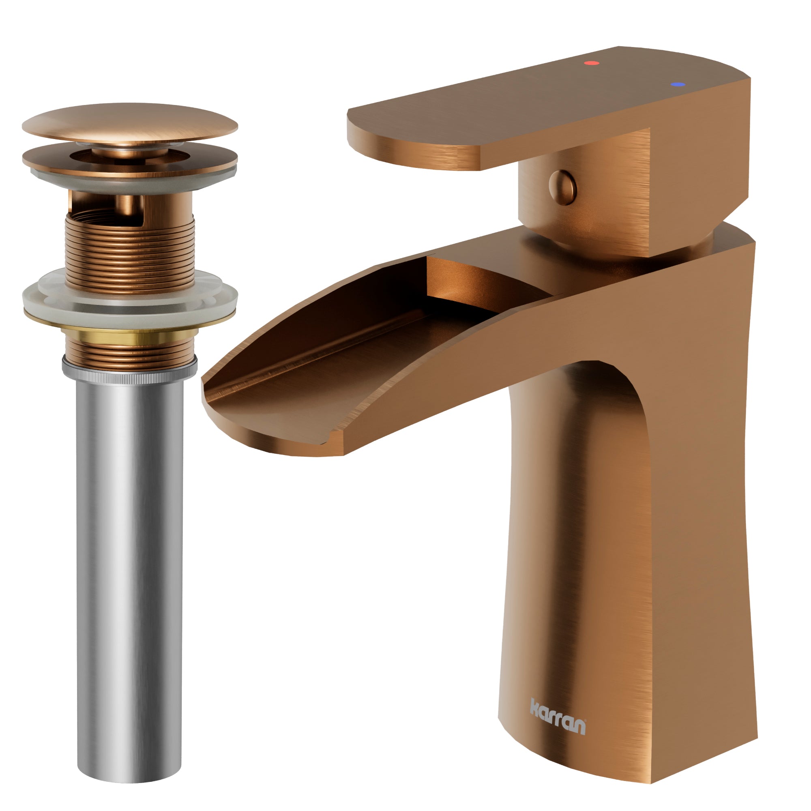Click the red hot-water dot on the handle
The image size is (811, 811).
[592, 63]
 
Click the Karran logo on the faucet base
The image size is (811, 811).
[558, 723]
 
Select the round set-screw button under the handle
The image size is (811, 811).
[562, 187]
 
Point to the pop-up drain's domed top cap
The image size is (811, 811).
[130, 122]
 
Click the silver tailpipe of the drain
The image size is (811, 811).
[130, 546]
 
